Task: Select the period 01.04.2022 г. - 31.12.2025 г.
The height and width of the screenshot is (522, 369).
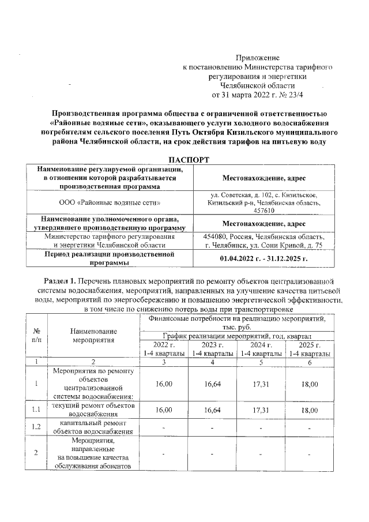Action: (x=264, y=258)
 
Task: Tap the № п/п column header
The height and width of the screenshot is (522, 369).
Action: (x=36, y=336)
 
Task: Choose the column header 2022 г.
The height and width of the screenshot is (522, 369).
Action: (x=164, y=344)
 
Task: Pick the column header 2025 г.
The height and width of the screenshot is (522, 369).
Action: (x=310, y=344)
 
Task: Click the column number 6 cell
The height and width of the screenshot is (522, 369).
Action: (x=310, y=362)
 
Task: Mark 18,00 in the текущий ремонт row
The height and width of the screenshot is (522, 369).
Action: (x=310, y=410)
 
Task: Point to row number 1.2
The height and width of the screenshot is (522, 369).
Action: (x=36, y=426)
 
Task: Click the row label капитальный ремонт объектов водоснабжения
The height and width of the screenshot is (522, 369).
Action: (x=93, y=426)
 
